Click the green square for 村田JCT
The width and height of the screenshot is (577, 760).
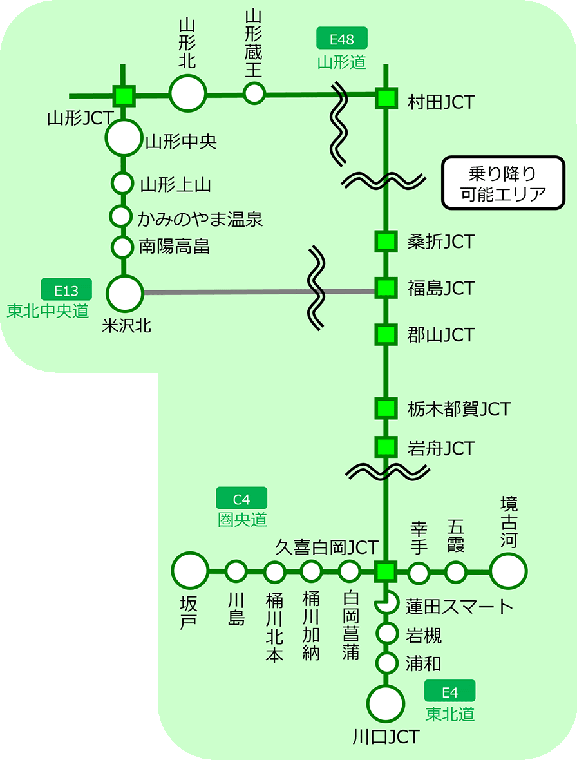tap(386, 99)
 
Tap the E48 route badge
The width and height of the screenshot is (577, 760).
tap(342, 39)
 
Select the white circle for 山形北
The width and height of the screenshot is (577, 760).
tap(188, 93)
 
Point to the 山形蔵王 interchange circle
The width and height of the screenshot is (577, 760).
tap(254, 93)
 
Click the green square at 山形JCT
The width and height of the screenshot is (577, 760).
tap(124, 95)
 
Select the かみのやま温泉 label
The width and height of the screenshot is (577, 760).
tap(200, 218)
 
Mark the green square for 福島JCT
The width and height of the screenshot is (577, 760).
tap(386, 288)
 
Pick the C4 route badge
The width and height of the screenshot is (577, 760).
tap(241, 499)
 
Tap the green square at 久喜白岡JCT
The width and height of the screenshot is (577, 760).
tap(386, 571)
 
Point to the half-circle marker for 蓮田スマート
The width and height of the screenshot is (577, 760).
tap(386, 604)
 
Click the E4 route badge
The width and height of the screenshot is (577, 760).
tap(450, 692)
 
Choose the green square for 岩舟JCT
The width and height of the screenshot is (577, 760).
tap(386, 446)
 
